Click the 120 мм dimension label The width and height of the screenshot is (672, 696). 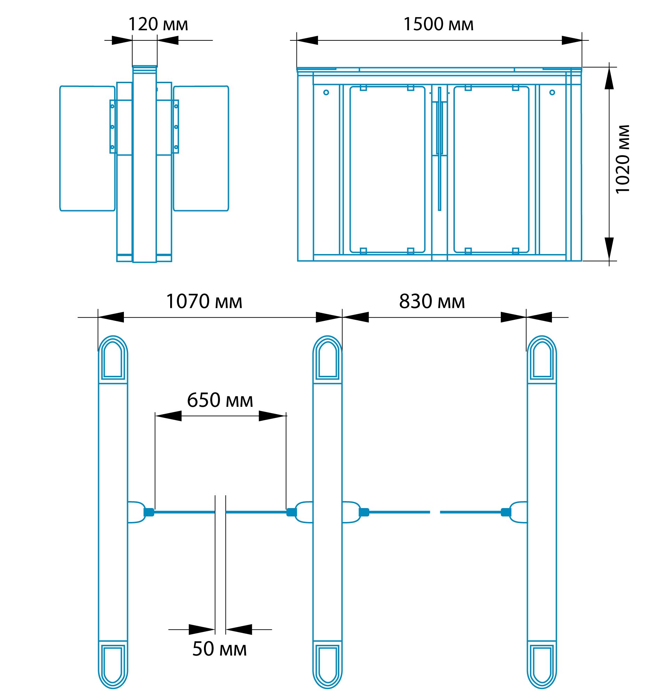click(158, 24)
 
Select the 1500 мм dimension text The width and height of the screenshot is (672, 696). click(438, 24)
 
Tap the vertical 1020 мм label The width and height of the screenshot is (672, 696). click(623, 159)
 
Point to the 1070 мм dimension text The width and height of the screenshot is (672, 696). click(204, 301)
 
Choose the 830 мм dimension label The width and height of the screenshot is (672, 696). click(432, 301)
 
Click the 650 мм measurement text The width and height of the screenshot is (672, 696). click(220, 400)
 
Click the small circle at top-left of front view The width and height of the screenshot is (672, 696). click(326, 93)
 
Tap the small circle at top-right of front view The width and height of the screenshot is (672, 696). click(552, 93)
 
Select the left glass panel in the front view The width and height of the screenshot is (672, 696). click(387, 169)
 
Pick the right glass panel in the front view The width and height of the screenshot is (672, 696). click(492, 169)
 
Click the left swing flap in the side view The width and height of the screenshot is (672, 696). click(87, 149)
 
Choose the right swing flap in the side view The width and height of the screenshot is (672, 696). click(201, 149)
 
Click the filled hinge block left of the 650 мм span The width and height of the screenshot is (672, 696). click(149, 512)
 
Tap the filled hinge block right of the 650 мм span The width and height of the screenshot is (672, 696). click(292, 512)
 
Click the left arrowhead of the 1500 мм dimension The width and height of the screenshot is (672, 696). click(308, 40)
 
